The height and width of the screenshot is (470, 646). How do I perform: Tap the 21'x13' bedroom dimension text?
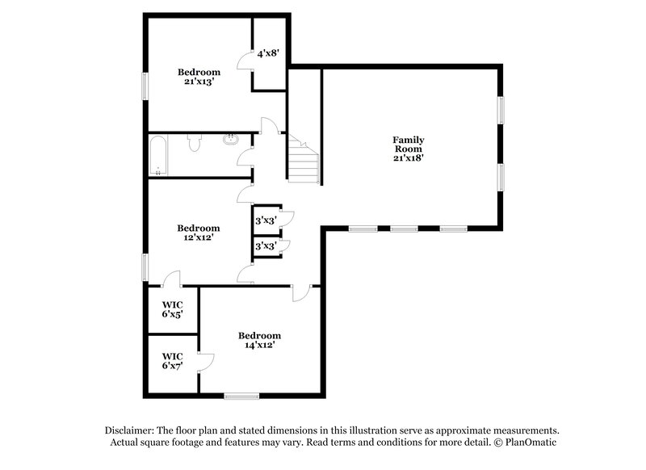click(x=198, y=82)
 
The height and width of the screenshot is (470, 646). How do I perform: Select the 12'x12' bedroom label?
click(x=198, y=237)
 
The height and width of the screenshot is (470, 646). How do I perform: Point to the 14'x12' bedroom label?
click(x=259, y=346)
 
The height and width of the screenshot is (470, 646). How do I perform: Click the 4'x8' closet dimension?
click(x=268, y=54)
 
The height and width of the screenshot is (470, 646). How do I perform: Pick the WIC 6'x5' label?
click(x=172, y=308)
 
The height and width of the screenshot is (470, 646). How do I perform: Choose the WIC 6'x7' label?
click(x=172, y=361)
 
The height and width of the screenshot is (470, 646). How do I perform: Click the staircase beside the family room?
click(x=304, y=161)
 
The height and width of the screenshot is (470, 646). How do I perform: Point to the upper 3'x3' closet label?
click(x=266, y=220)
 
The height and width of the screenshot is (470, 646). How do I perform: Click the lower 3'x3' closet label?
click(x=266, y=245)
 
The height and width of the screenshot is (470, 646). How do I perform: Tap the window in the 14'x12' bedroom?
click(x=241, y=396)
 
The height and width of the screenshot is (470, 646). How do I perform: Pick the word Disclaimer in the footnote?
click(x=131, y=430)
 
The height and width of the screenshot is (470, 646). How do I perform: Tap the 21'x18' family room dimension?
click(x=409, y=158)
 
